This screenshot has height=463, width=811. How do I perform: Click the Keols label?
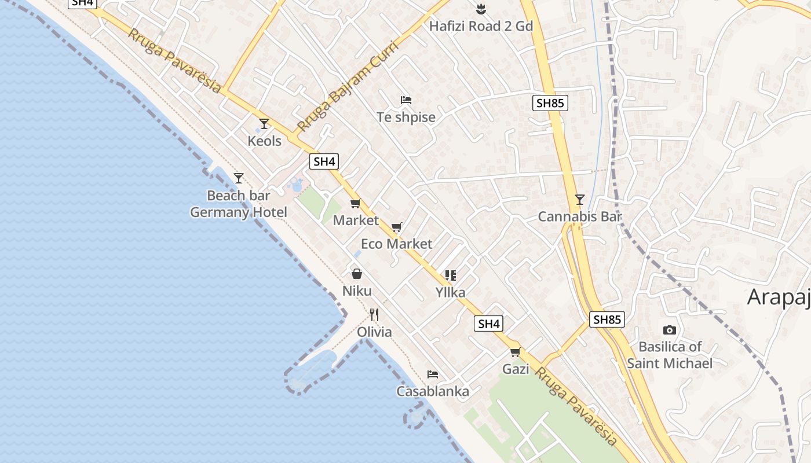point(264,141)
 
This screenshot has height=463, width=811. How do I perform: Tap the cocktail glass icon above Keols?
point(264,123)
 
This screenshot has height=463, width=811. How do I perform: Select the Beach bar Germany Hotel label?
point(239,204)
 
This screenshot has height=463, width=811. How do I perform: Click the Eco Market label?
point(396,244)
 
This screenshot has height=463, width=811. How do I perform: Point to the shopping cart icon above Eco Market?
point(396,227)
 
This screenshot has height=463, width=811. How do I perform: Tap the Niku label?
point(357,291)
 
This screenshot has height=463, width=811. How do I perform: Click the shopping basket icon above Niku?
point(357,273)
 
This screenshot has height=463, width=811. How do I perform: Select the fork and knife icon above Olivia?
point(374,315)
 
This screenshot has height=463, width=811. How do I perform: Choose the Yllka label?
point(450,292)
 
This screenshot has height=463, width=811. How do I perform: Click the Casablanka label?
point(432,391)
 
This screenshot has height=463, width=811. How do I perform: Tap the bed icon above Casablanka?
point(432,374)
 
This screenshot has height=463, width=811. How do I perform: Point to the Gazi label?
point(516,369)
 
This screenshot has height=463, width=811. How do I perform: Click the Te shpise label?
point(405,117)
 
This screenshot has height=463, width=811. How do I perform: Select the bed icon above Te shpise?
point(405,100)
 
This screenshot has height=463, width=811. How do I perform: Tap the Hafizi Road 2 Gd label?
point(481,26)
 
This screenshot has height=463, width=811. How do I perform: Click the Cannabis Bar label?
point(579,216)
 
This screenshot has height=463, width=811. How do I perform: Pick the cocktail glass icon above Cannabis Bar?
point(579,200)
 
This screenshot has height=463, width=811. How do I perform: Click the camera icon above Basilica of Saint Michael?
point(669,330)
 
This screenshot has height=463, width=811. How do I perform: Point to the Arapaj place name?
point(779,297)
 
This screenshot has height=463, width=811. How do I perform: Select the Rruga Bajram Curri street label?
point(346,86)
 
